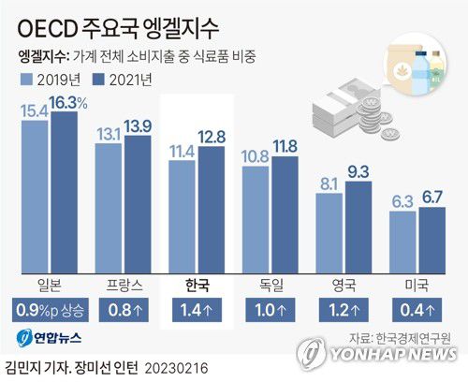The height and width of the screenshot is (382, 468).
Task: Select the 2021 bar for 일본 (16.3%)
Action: (64, 192)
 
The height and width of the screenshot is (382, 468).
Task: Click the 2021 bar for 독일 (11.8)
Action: (284, 217)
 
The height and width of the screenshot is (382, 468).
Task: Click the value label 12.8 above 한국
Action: (212, 137)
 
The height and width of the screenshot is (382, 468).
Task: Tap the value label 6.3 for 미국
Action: (402, 200)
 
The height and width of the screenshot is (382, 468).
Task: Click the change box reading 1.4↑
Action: (197, 310)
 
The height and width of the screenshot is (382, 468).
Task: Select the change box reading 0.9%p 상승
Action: (49, 310)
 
